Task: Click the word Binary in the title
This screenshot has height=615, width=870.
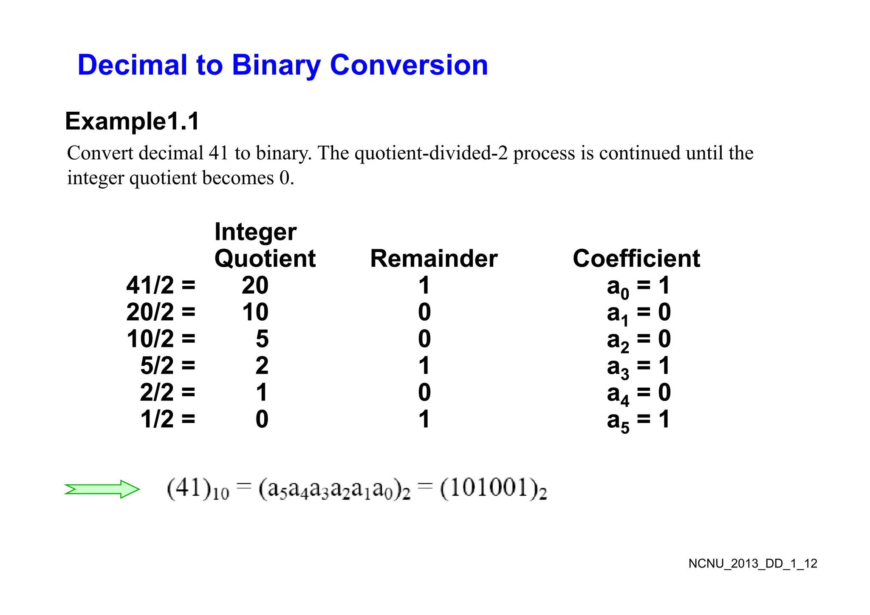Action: pos(276,65)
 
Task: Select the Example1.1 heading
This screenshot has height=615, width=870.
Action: pos(132,121)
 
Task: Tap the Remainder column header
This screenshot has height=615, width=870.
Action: pos(434,259)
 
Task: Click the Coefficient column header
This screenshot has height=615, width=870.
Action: pos(636,259)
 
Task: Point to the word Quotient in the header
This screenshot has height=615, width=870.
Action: pos(265,259)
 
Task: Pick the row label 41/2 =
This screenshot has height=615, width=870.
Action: pos(161,285)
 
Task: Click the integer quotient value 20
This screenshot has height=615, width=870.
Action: pos(255,285)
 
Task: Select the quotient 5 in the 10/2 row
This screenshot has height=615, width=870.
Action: pos(262,339)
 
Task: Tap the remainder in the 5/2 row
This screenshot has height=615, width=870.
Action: pos(424,366)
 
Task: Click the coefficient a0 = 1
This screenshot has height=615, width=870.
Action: pos(638,286)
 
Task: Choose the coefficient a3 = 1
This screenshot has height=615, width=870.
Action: pos(638,367)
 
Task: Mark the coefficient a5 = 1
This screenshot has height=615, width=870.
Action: pos(638,420)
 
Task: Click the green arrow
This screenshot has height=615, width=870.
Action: pos(102,489)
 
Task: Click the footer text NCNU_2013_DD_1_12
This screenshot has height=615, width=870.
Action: pos(753,564)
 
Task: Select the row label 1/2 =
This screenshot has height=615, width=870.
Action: pos(168,419)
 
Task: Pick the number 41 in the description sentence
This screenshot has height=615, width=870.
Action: pos(218,153)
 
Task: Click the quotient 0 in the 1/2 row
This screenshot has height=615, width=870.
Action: pos(262,419)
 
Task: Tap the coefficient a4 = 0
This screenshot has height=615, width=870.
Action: pos(638,393)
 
